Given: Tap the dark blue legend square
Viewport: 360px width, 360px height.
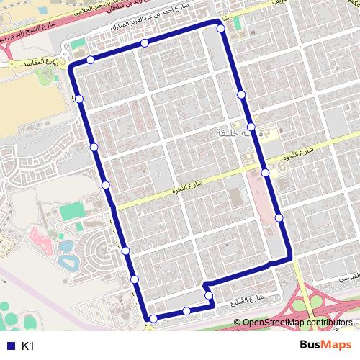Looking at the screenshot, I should [x=9, y=346].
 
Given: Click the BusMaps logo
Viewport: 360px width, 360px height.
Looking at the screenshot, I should [x=325, y=346].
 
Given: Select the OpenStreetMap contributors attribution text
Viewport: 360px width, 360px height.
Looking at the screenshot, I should [x=298, y=323].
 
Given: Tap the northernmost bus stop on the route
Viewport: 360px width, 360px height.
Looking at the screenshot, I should [x=220, y=28].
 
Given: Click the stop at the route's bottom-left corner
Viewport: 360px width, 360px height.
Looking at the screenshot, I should [x=153, y=318].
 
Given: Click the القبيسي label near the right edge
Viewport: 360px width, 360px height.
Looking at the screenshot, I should [x=343, y=276].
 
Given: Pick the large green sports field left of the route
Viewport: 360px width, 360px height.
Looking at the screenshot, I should [x=71, y=212].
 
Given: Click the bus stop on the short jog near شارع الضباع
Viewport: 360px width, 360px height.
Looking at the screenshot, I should [x=208, y=295].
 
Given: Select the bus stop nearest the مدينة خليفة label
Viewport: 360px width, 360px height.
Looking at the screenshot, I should [x=251, y=127].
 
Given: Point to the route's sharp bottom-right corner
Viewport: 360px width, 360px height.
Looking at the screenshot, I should [x=290, y=256].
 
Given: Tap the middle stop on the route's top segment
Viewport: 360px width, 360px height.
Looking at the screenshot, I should [x=145, y=44].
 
